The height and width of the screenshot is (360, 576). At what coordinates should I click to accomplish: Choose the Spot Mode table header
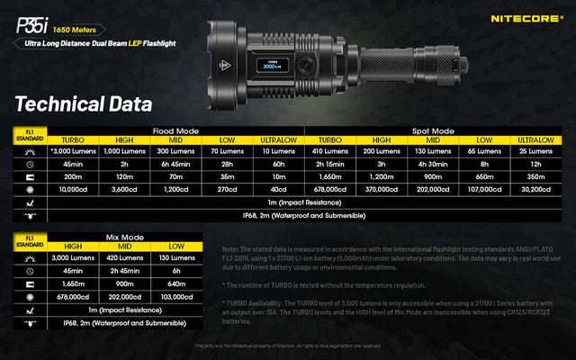point(436,130)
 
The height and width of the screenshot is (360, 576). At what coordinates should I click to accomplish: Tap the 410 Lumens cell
point(331,153)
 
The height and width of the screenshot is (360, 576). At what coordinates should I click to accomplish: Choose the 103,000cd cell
point(176,295)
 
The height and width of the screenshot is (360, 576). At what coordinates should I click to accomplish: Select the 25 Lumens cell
point(539,153)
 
